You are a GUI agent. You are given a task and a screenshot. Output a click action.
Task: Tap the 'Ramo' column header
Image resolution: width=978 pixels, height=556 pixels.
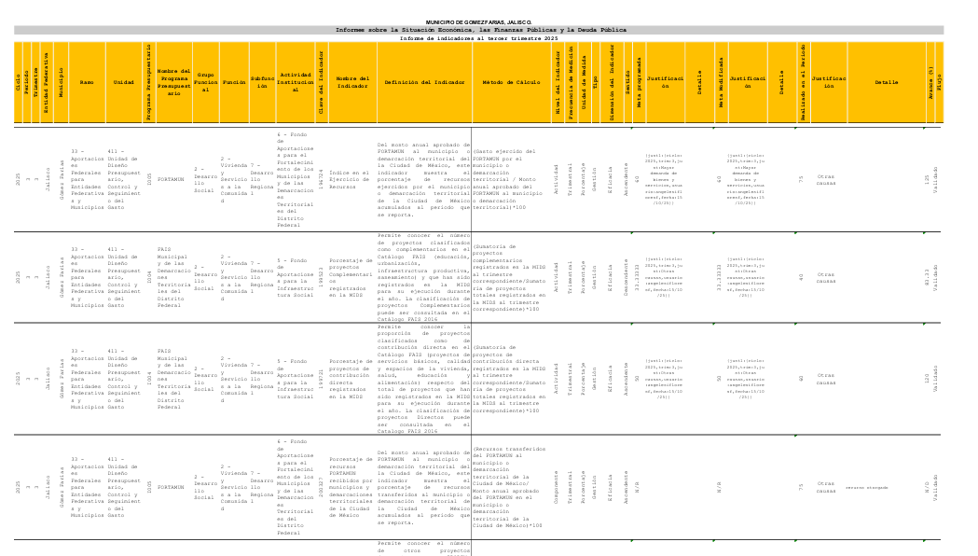click(x=87, y=83)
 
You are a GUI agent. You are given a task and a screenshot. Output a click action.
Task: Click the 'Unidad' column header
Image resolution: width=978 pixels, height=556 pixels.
click(x=123, y=83)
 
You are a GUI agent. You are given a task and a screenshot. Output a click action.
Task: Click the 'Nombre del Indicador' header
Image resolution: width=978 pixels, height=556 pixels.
click(x=352, y=83)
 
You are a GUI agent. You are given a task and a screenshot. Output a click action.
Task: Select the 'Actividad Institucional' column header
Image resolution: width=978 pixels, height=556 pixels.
click(x=296, y=82)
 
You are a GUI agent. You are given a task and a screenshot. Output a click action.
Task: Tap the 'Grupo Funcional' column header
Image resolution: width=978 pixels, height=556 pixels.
click(x=206, y=83)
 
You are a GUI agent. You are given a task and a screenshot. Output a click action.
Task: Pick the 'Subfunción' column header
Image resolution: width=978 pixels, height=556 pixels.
click(x=262, y=83)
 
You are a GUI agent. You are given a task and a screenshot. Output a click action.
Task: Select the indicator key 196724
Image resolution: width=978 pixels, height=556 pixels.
click(x=321, y=179)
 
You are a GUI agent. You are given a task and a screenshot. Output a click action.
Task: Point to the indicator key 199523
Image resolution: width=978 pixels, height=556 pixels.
click(x=321, y=276)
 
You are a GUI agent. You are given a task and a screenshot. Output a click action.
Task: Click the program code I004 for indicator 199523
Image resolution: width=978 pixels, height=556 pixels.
click(x=148, y=276)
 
